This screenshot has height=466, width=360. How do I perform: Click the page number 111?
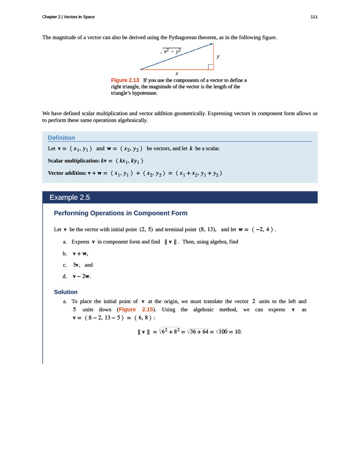(x=314, y=17)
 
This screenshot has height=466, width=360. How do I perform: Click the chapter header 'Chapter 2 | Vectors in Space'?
(x=68, y=17)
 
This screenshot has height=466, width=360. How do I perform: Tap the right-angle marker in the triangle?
(x=211, y=67)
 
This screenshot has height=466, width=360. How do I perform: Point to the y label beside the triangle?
(x=218, y=56)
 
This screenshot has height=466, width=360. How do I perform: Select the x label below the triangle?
(x=177, y=73)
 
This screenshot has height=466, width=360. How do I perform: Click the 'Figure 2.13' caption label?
(x=125, y=80)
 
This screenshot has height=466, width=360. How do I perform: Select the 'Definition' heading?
(x=61, y=137)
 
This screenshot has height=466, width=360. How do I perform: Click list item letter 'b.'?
(x=65, y=253)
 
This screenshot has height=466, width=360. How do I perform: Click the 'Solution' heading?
(x=66, y=292)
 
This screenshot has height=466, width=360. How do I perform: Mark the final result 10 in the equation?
(x=237, y=331)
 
